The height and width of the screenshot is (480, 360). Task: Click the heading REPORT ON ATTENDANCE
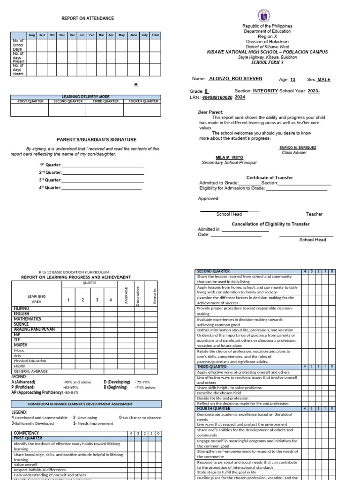(x=88, y=18)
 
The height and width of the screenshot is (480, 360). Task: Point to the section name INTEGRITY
(x=265, y=91)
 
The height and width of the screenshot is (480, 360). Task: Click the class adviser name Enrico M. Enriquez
(x=298, y=148)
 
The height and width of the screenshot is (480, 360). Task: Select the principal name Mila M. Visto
(x=229, y=157)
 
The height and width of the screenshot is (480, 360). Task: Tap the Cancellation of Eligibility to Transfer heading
(x=270, y=224)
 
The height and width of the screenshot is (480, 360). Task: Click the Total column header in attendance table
(x=155, y=35)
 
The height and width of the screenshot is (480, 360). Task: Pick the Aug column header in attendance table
(x=32, y=35)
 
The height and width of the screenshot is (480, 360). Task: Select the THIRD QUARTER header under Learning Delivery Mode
(x=104, y=101)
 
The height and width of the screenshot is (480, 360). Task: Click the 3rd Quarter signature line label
(x=50, y=180)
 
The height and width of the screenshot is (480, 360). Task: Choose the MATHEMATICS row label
(x=27, y=319)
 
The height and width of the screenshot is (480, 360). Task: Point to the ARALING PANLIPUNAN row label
(x=34, y=329)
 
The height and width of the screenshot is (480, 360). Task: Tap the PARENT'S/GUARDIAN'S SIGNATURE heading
(x=97, y=139)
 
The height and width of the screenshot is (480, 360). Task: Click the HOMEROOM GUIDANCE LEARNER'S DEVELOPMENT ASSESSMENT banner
(x=86, y=404)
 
